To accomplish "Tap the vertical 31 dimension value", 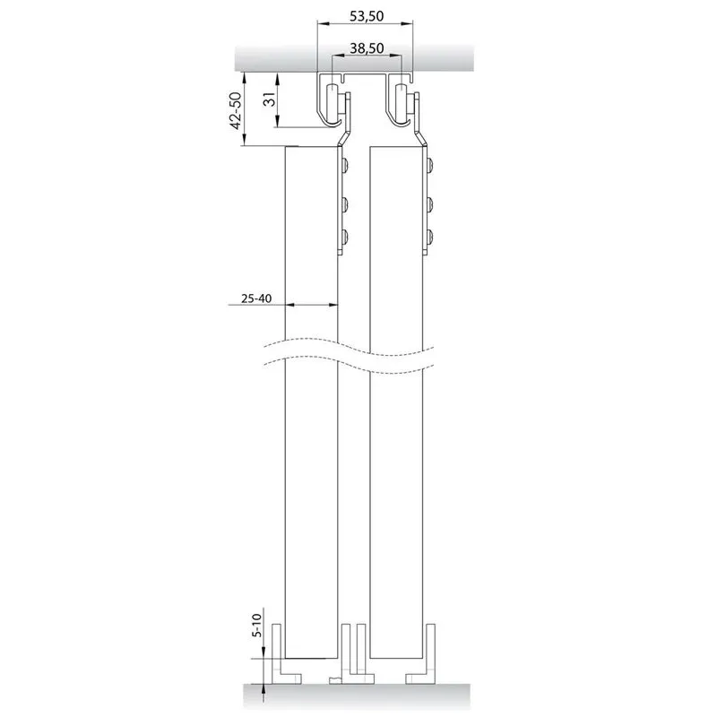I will [x=268, y=101].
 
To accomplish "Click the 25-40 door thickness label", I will [x=256, y=299].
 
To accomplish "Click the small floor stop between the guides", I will [x=333, y=680].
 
